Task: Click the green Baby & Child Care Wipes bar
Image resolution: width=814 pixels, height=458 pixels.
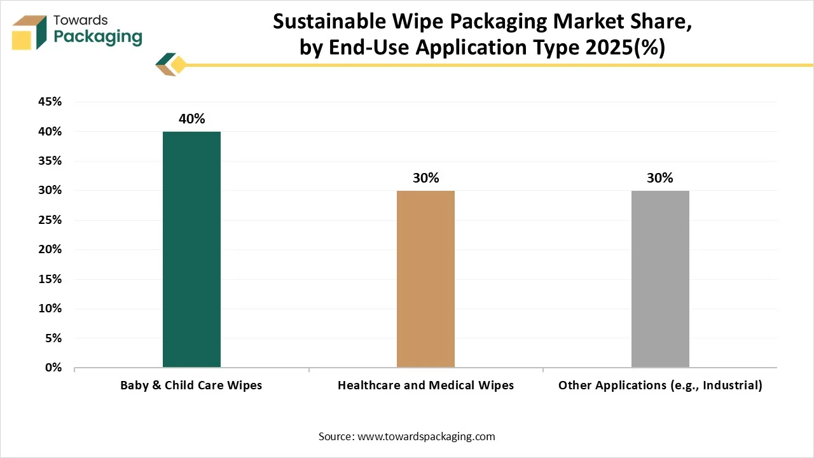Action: (x=191, y=249)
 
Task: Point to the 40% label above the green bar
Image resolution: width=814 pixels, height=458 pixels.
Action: (x=191, y=119)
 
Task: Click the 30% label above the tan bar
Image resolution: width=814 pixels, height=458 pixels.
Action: (x=425, y=178)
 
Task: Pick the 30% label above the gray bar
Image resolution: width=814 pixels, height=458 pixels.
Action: (x=660, y=178)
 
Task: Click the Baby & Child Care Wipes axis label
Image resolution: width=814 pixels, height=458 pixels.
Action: (x=191, y=385)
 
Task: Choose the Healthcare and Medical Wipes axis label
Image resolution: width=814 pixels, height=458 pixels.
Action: (x=425, y=385)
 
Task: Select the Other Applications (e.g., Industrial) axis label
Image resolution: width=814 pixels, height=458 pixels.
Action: (x=660, y=385)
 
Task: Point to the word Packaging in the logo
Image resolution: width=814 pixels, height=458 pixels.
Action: (x=98, y=36)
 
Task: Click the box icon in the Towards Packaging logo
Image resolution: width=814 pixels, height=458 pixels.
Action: (x=29, y=31)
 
